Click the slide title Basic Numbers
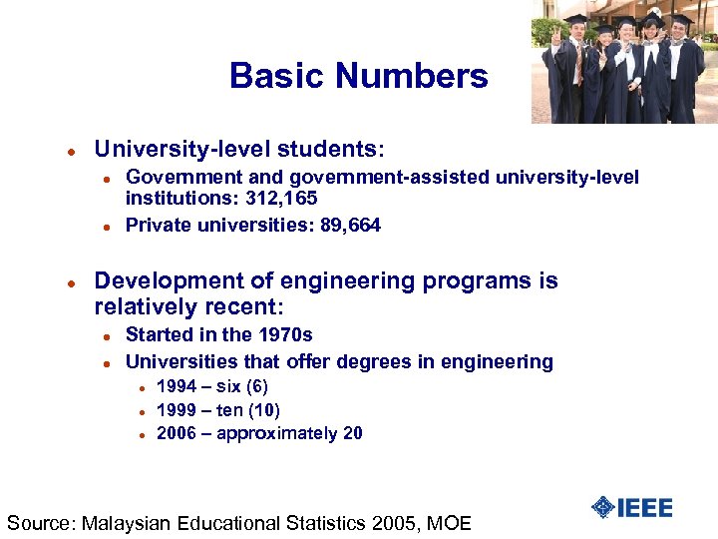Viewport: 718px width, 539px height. [x=358, y=76]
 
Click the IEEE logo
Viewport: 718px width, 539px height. [x=631, y=507]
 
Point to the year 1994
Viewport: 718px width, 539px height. [x=178, y=386]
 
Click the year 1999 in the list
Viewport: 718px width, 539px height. [x=178, y=410]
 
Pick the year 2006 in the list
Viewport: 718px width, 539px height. [x=178, y=433]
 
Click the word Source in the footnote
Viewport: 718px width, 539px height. [x=39, y=522]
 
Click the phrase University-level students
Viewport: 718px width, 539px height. [x=237, y=150]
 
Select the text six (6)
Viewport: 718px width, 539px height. [x=242, y=386]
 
